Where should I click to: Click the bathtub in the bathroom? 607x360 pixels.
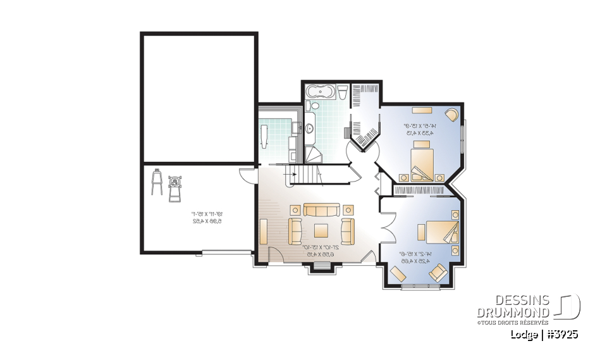[319, 92]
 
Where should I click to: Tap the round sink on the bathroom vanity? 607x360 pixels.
[310, 128]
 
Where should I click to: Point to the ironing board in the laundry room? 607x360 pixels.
[264, 135]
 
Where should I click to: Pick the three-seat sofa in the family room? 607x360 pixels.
[321, 209]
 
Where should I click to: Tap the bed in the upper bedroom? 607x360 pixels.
[422, 162]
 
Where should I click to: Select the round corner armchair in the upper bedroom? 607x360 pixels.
[452, 115]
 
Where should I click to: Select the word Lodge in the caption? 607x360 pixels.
[524, 335]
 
